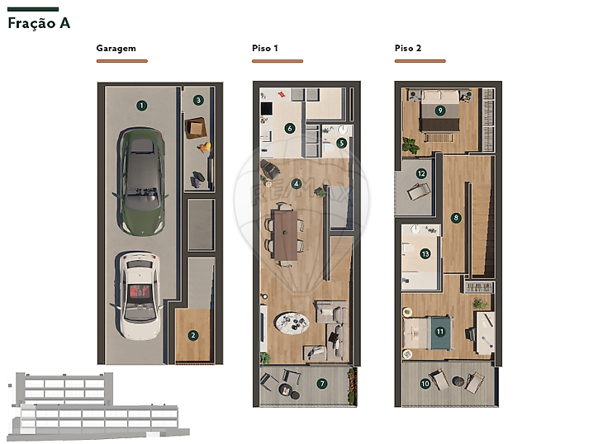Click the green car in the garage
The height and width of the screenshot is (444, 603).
[x=141, y=182]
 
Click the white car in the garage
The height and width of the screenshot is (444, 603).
[x=138, y=295]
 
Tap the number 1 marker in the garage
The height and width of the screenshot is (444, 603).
[x=141, y=106]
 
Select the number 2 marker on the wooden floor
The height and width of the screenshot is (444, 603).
[x=193, y=335]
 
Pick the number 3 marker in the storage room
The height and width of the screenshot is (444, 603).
[x=198, y=100]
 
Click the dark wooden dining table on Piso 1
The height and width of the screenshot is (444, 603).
[x=286, y=235]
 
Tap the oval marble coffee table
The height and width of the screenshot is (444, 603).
[x=292, y=323]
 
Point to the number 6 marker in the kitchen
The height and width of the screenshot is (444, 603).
[x=290, y=128]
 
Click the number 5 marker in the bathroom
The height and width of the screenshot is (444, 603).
[x=341, y=144]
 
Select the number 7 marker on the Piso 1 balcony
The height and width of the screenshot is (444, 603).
[x=322, y=383]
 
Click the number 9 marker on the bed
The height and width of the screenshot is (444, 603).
[x=440, y=111]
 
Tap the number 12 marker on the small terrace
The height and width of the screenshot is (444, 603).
[x=421, y=173]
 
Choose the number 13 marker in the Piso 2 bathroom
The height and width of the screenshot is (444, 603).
[x=425, y=254]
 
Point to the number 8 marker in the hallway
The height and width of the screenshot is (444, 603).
[x=456, y=218]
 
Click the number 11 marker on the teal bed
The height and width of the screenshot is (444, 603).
[x=440, y=332]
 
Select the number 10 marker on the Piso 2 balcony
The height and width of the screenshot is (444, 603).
[x=425, y=383]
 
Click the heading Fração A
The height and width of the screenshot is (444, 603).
[x=39, y=23]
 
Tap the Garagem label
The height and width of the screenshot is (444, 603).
[x=116, y=49]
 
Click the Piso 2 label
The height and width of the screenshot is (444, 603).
[x=407, y=48]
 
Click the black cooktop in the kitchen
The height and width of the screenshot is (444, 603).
[x=267, y=108]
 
